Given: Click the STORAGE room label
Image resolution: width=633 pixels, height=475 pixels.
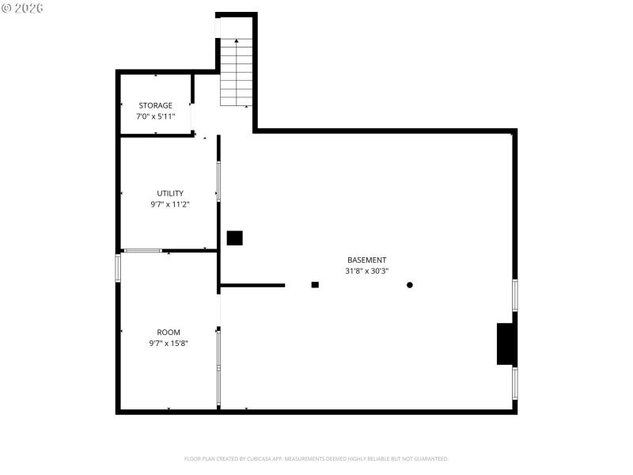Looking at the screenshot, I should [x=155, y=105].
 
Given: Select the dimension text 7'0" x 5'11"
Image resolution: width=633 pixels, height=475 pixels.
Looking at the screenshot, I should [x=155, y=116].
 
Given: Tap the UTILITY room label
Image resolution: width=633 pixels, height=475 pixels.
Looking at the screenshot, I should [x=170, y=193].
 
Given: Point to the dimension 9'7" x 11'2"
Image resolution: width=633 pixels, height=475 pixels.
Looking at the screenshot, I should [x=170, y=204].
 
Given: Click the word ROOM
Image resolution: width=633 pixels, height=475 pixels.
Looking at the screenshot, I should [x=169, y=332].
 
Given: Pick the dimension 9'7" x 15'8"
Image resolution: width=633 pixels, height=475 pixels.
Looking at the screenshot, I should [x=169, y=344].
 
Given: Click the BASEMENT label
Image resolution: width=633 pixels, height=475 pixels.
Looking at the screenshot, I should [x=367, y=260].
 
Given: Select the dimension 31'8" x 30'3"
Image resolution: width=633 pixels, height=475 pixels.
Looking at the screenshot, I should [x=367, y=271].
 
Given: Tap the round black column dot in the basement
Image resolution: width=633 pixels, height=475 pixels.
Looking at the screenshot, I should [x=410, y=285].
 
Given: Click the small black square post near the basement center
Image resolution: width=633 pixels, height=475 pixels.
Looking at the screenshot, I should [x=315, y=285].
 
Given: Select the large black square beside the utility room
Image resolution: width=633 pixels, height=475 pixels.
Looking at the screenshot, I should [x=234, y=238].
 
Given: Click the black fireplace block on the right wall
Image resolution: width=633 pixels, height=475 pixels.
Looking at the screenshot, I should [x=506, y=344].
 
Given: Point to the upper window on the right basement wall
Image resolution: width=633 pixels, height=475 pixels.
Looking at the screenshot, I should [x=515, y=294].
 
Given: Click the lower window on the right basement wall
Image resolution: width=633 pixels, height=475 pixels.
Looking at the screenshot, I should [x=515, y=383].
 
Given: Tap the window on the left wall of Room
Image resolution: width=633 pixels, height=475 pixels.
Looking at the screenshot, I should [x=118, y=268].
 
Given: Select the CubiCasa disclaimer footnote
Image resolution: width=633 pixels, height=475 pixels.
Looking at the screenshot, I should [x=316, y=458].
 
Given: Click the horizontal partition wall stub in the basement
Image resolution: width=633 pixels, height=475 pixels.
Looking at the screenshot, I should [x=252, y=285].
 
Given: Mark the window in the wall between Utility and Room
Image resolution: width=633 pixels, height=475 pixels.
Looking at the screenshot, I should [x=143, y=251].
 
